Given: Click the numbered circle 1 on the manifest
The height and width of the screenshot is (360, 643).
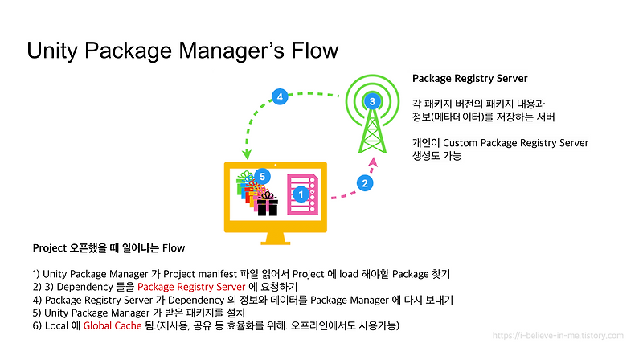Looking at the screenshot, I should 300,194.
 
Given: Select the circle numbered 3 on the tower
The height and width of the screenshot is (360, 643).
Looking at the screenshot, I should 372,101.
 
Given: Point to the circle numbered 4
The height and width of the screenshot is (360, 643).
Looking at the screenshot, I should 279,97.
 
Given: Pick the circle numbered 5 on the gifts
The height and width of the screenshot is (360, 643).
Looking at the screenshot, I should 261,176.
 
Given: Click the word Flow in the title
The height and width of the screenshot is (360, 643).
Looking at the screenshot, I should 309,51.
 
